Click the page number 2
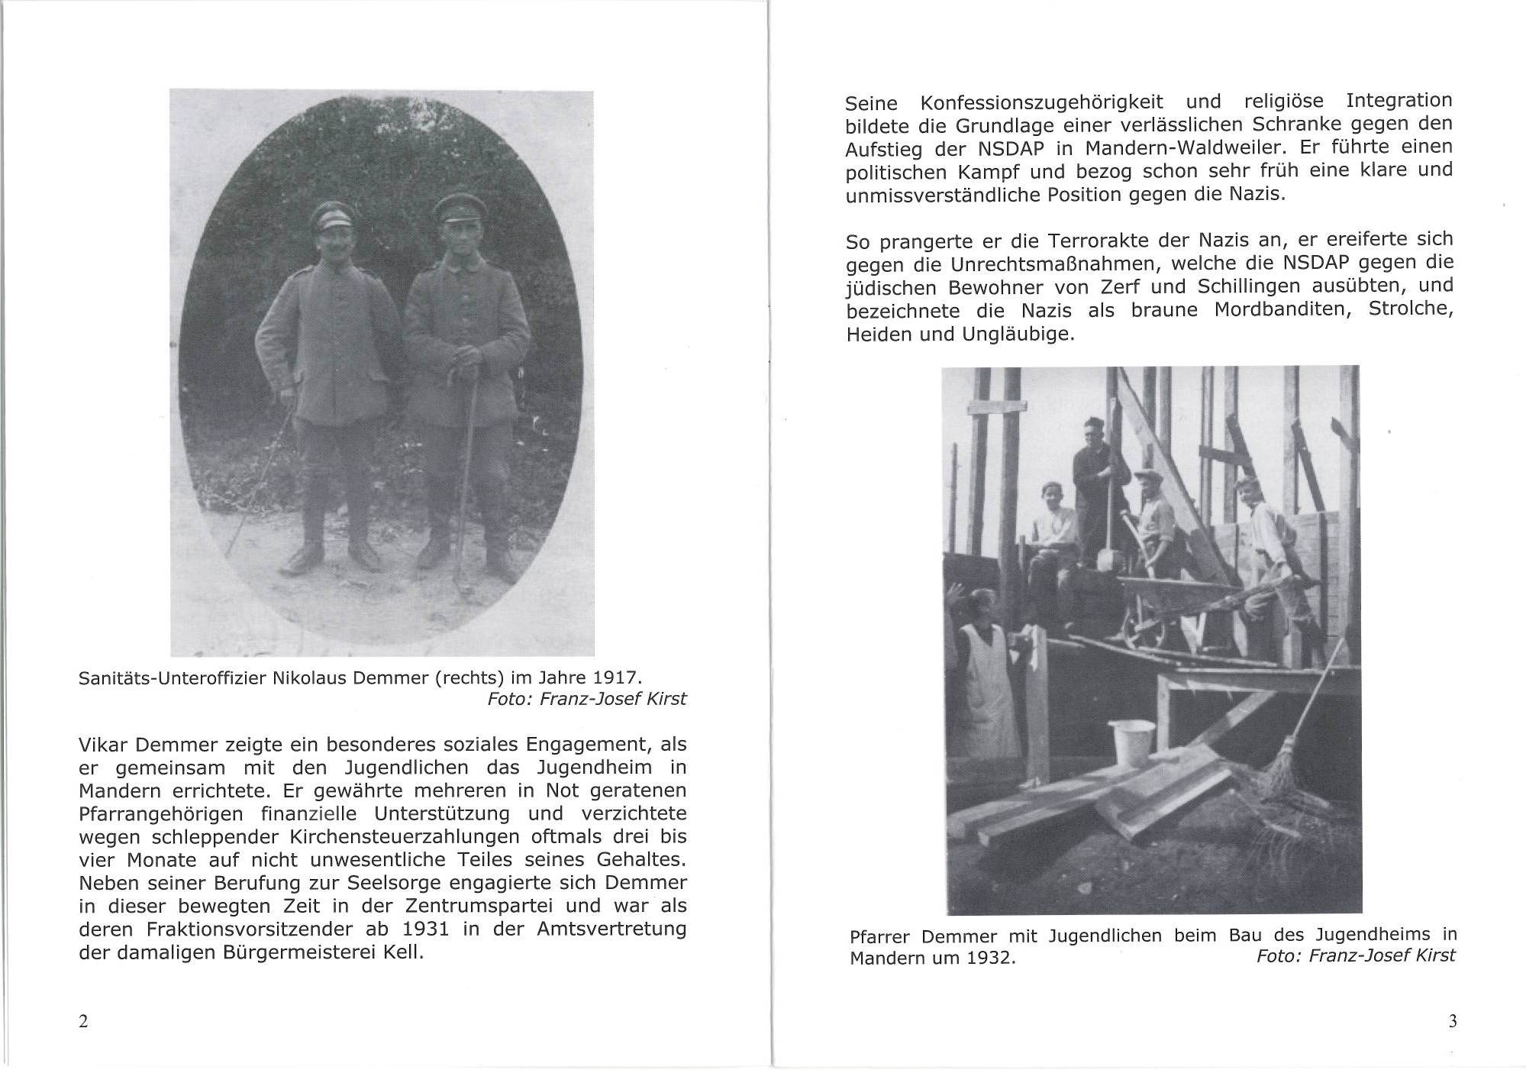pyautogui.click(x=83, y=1021)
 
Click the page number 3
pyautogui.click(x=1452, y=1021)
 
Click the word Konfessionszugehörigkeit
pyautogui.click(x=1042, y=102)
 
